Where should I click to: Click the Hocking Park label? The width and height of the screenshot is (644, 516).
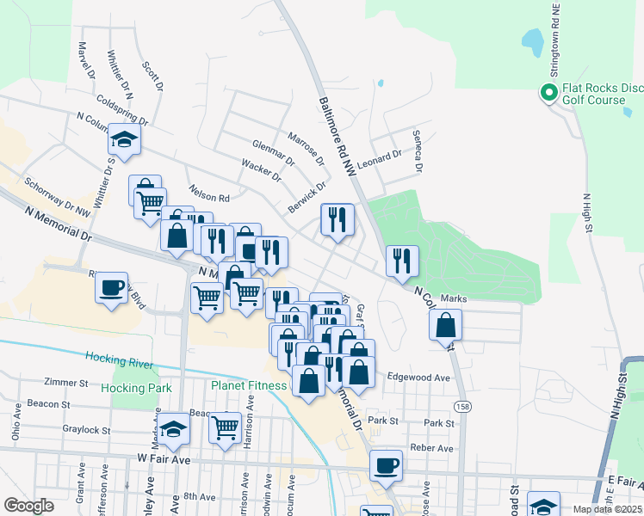point(136,388)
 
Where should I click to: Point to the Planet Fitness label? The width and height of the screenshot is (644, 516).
point(249,385)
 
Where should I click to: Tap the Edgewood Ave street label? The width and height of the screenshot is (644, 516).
point(419,378)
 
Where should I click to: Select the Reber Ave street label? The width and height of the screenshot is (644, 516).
point(432,448)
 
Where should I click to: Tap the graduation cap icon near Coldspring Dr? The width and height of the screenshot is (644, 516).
point(125,141)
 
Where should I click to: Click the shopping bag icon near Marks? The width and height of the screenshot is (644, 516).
point(445,324)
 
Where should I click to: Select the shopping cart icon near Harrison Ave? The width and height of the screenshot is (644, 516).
point(225,426)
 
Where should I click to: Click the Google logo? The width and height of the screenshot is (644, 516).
point(29,506)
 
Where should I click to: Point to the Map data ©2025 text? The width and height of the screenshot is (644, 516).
point(606,509)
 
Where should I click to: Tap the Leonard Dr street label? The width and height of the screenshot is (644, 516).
point(380,157)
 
